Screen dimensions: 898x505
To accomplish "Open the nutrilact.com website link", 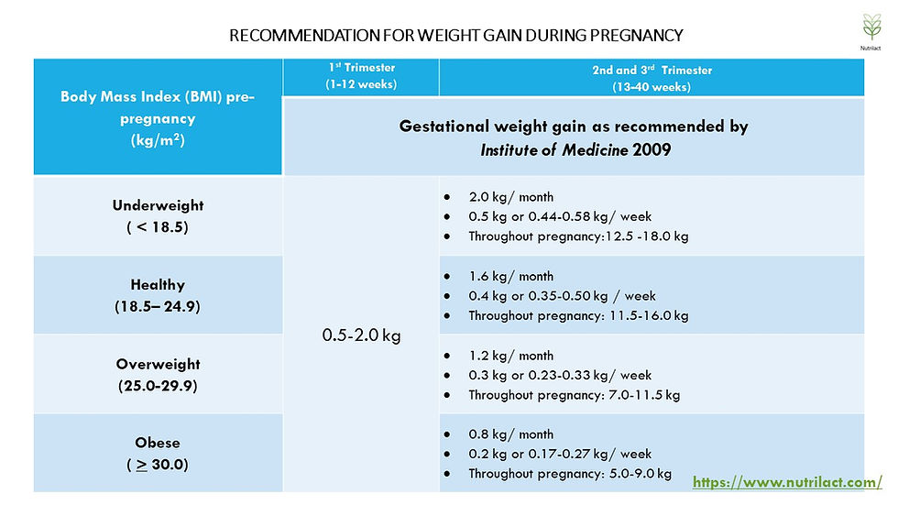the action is [787, 482].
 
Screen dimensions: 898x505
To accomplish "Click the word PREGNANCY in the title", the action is [636, 36].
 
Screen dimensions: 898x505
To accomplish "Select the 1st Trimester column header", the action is [361, 75].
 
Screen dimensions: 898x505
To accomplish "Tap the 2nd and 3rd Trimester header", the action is [652, 79].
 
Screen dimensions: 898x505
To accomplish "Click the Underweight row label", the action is [158, 216].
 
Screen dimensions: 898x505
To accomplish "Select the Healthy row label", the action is [158, 295].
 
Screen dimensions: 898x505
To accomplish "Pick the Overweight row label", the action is [158, 375].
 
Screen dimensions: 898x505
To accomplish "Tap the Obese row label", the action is [158, 454].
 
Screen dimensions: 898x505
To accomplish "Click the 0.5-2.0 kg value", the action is [361, 335].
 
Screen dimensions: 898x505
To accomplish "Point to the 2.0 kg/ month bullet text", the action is [511, 197].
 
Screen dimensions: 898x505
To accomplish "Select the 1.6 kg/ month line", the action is [511, 277].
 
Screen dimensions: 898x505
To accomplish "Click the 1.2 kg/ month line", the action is [511, 356].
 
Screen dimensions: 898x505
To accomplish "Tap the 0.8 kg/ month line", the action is [511, 434].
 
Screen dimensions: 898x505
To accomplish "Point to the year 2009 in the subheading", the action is [652, 150].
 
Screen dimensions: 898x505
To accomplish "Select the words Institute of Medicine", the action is [554, 150].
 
